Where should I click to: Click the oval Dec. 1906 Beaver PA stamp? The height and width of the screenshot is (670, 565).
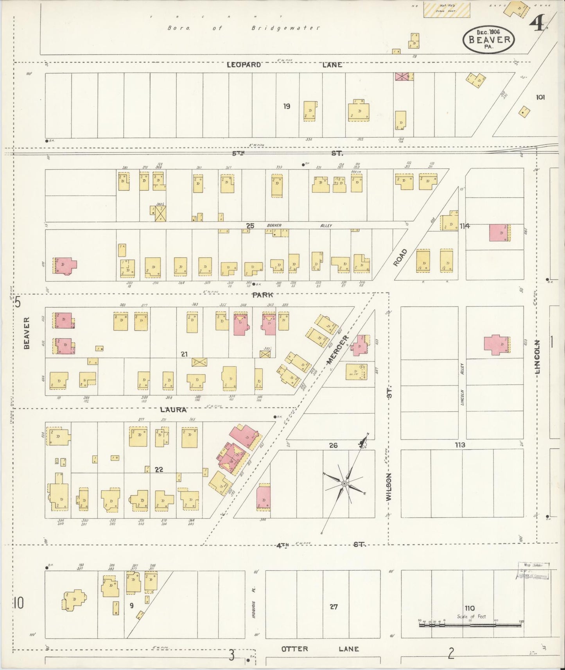coord(489,39)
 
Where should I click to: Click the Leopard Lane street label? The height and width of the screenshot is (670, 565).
coord(285,65)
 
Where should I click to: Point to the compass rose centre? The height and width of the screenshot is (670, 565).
coord(344,484)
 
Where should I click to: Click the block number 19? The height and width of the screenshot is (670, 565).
coord(287,106)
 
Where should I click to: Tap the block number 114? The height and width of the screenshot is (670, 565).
coord(465,226)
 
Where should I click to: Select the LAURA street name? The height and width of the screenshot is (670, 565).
coord(173,410)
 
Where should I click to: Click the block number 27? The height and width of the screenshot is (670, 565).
coord(333,607)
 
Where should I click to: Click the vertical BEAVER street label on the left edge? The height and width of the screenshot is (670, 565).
coord(27,333)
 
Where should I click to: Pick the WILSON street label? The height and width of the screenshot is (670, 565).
coord(389,487)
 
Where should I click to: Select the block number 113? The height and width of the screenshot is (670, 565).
coord(460,444)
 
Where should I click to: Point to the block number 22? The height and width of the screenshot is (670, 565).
coord(158,469)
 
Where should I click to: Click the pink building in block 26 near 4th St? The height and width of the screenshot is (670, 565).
coord(264,497)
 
